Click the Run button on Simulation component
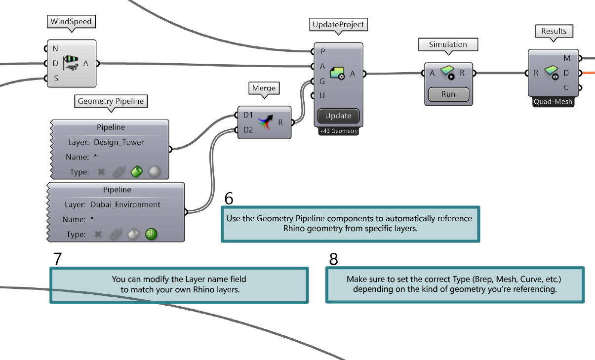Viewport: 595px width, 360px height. [x=448, y=94]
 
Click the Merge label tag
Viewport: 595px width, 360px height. [x=264, y=88]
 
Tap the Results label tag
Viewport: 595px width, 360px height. [x=554, y=31]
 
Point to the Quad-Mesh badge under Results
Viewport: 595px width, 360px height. [x=554, y=102]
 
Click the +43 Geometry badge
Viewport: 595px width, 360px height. [x=338, y=131]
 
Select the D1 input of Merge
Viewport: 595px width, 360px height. [x=247, y=115]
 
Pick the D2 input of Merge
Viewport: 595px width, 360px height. [x=247, y=130]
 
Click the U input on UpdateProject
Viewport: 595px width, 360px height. [x=322, y=95]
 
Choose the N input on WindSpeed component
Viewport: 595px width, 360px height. [x=55, y=48]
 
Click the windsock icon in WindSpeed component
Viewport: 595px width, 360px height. [x=71, y=63]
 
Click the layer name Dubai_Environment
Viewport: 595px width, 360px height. [x=125, y=204]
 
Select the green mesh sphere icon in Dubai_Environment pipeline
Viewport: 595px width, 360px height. [x=151, y=235]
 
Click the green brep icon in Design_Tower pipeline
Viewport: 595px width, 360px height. [x=136, y=172]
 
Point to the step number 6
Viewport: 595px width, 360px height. [x=229, y=198]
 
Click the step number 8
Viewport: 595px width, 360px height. [x=333, y=259]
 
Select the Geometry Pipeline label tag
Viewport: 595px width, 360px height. [x=111, y=101]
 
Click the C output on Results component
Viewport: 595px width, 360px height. [x=567, y=88]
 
